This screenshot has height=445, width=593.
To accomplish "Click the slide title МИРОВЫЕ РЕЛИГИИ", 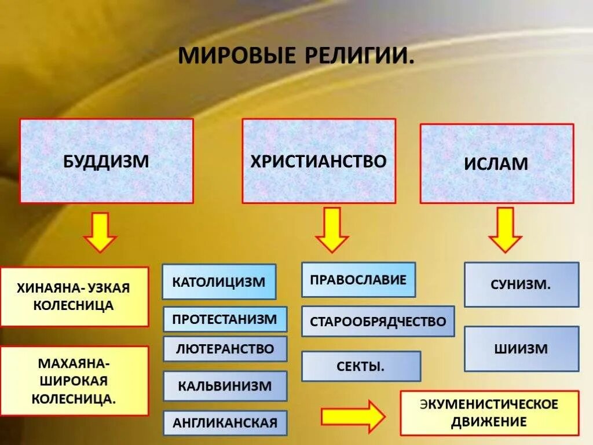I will pos(296,56).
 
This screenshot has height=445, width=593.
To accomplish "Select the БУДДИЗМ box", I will pos(107,161).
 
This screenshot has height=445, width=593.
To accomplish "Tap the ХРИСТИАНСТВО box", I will pos(319,161).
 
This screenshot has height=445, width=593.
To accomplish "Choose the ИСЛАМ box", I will pos(496,163).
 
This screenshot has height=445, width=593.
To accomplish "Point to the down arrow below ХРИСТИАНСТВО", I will pos(332,230).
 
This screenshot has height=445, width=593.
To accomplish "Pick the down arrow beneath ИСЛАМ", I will pos(505,230).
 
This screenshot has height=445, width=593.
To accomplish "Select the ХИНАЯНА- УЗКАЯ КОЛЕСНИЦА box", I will pos(74,297).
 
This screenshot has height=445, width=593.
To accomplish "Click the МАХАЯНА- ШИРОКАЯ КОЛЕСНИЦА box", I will pos(74,381).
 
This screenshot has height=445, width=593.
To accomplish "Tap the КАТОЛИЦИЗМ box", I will pos(219,282).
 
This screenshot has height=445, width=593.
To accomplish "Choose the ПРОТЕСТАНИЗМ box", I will pos(225,319).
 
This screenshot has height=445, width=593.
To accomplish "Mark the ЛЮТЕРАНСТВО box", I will pos(225,349).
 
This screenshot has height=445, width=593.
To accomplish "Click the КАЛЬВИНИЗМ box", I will pos(225,386).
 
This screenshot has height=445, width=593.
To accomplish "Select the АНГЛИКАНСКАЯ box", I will pos(225,423).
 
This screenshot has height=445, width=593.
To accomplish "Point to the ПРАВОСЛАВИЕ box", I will pos(358,280).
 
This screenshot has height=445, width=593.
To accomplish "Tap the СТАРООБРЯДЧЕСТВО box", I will pos(378,322).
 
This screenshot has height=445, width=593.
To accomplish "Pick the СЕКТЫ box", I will pos(361,366).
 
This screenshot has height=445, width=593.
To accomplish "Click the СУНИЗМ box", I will pos(521,284).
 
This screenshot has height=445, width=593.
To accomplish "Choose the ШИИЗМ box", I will pos(521,349).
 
